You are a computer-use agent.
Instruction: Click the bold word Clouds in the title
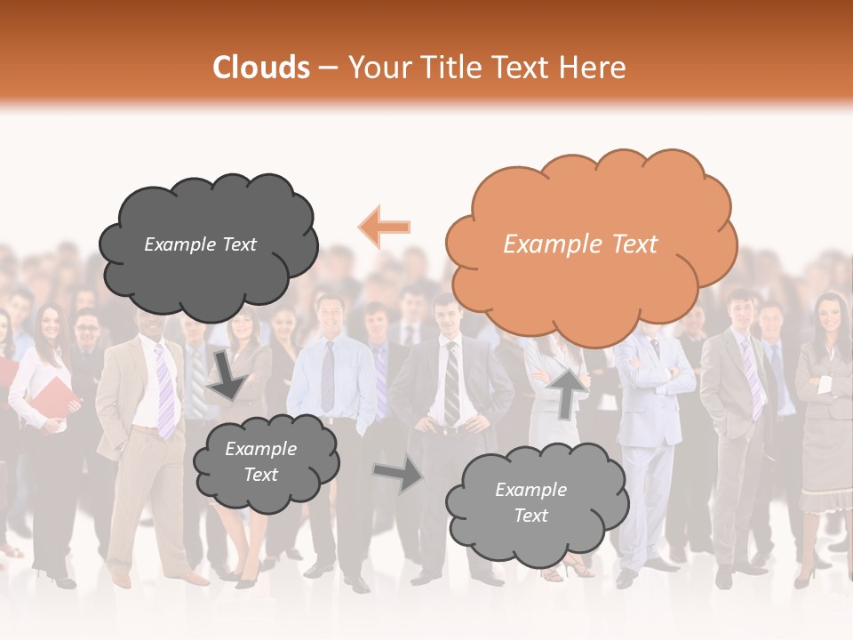pos(261,68)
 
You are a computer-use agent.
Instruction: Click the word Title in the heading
pos(449,68)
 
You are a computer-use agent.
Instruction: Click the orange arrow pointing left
pos(385,227)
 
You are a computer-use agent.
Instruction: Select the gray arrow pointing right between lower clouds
pos(399,473)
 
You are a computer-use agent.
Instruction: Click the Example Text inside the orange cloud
pos(580,244)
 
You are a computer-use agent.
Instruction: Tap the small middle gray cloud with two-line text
pos(264,462)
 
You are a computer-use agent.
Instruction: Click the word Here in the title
pos(594,68)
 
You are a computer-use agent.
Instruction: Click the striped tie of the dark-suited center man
pos(450,382)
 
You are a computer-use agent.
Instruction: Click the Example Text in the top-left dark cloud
pos(200,244)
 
